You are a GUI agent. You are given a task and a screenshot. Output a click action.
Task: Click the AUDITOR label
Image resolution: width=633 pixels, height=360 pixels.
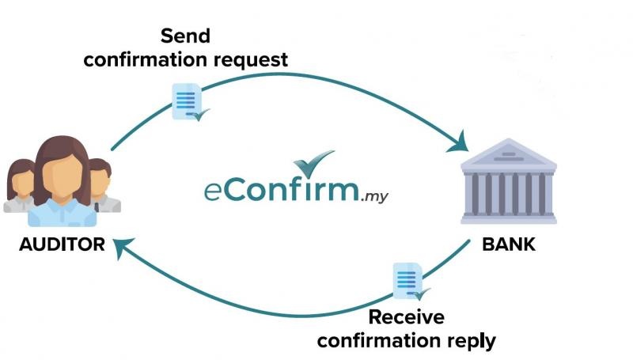pyautogui.click(x=62, y=244)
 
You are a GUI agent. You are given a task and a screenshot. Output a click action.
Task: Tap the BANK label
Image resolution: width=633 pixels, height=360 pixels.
pyautogui.click(x=508, y=244)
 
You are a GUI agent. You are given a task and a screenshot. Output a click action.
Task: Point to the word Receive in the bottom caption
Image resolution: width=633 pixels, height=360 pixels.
pyautogui.click(x=407, y=318)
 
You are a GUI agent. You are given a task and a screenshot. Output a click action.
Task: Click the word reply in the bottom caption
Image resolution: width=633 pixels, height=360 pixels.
pyautogui.click(x=472, y=342)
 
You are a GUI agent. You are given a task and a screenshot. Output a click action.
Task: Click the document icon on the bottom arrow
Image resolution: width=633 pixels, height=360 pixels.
pyautogui.click(x=406, y=281)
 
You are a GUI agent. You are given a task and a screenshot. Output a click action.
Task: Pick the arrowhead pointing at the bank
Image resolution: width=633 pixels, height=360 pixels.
pyautogui.click(x=460, y=145)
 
